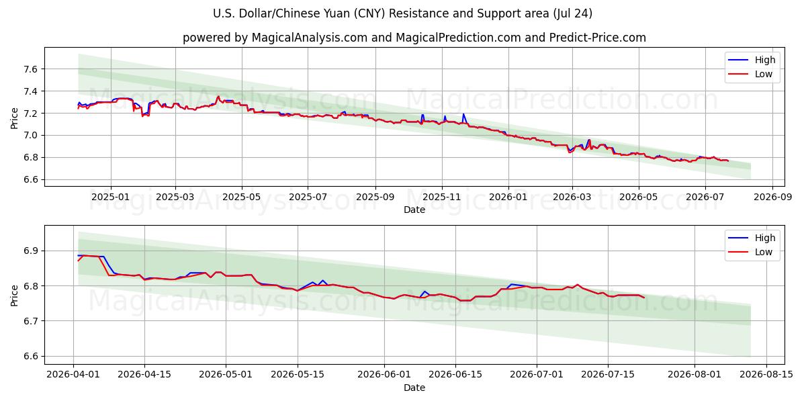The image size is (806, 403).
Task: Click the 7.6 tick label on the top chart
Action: (x=31, y=69)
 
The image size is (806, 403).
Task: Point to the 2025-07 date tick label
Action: (x=308, y=197)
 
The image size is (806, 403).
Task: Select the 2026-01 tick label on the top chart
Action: (x=508, y=197)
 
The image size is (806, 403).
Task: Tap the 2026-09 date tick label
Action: (x=772, y=197)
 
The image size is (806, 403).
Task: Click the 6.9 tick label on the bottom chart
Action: (x=31, y=251)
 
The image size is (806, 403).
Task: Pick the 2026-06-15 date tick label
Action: (x=455, y=374)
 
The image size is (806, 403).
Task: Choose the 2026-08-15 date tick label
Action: (x=766, y=374)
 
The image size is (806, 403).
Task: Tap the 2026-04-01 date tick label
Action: (x=73, y=374)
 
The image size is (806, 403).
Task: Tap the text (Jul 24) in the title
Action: (x=573, y=13)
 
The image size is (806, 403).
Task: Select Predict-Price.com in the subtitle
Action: (x=598, y=38)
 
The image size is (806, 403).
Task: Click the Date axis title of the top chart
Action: (x=414, y=210)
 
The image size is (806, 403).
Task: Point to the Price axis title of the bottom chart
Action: (x=14, y=296)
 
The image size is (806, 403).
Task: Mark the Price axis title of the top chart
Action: (x=14, y=118)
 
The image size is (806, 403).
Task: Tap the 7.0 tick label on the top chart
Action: (x=31, y=136)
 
